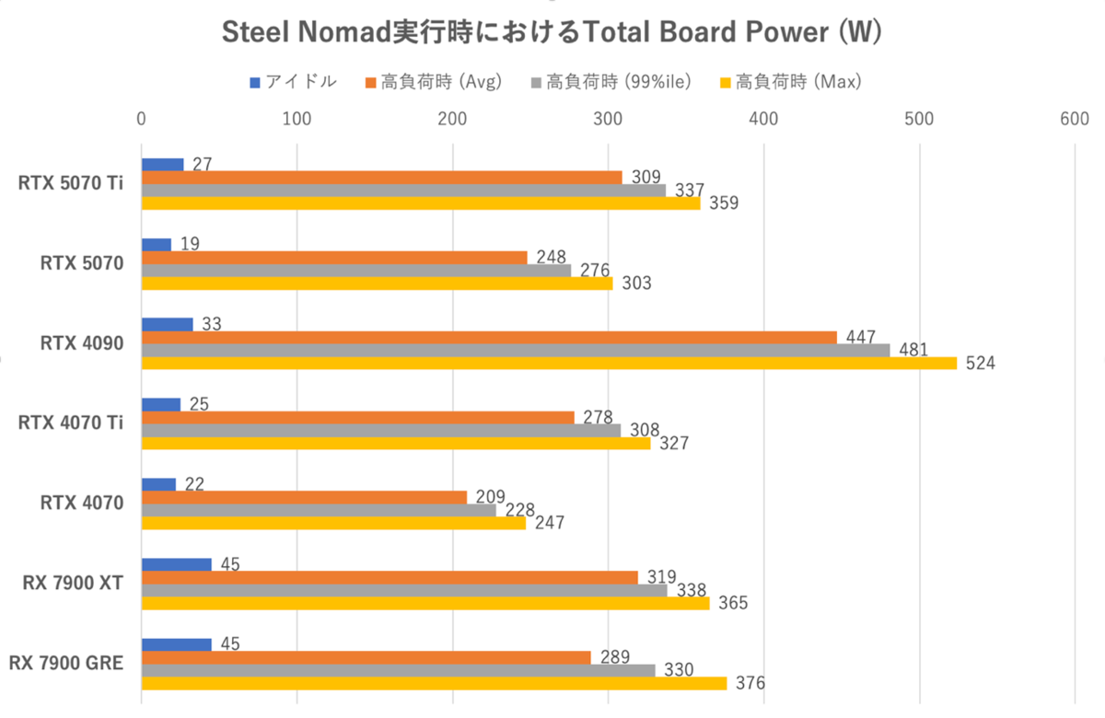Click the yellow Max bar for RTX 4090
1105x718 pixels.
tap(549, 363)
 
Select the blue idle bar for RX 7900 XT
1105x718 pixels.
tap(176, 564)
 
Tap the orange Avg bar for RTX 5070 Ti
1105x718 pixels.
tap(381, 177)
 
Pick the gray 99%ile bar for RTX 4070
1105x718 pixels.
tap(319, 510)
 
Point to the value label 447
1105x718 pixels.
tap(859, 336)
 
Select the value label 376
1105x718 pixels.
tap(750, 683)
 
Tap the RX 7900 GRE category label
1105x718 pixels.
tap(66, 663)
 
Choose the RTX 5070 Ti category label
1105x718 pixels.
tap(72, 183)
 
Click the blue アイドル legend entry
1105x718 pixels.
tap(292, 82)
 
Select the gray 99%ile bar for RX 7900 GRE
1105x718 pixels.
tap(398, 670)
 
